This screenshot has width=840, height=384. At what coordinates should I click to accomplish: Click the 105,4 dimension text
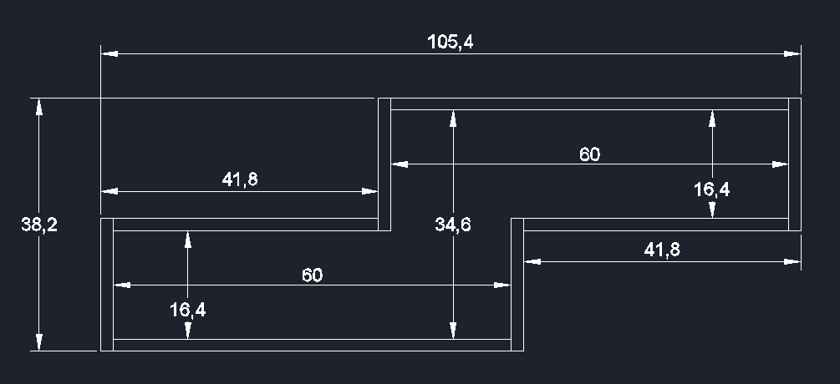tap(450, 42)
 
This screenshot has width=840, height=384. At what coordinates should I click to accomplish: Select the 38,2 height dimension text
tap(38, 225)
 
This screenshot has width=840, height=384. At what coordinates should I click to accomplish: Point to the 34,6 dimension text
tap(453, 225)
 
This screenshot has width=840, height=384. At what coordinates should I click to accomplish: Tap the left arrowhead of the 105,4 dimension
tap(109, 54)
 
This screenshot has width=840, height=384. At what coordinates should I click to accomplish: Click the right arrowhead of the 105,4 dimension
tap(792, 54)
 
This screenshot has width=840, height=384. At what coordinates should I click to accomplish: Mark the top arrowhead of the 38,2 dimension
tap(38, 107)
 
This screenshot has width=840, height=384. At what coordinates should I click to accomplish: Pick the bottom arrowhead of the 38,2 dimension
tap(38, 342)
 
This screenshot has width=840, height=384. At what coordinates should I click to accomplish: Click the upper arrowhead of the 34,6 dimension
tap(453, 118)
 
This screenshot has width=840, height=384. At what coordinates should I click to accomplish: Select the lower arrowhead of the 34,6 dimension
tap(453, 331)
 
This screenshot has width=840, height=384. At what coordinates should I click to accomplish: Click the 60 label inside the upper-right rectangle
tap(589, 154)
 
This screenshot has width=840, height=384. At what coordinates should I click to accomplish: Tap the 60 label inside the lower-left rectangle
tap(312, 275)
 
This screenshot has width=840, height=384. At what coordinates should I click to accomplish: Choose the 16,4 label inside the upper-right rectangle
tap(711, 189)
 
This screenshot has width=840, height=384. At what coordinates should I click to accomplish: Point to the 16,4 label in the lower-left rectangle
tap(187, 311)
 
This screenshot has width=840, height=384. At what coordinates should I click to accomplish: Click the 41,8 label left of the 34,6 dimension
tap(240, 179)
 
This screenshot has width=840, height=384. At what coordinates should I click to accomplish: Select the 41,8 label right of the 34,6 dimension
tap(661, 250)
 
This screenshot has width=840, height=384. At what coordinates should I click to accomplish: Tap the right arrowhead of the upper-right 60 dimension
tap(781, 164)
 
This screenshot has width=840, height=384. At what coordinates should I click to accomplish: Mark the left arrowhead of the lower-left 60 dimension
tap(122, 285)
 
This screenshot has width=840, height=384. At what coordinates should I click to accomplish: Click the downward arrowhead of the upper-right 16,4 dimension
tap(711, 210)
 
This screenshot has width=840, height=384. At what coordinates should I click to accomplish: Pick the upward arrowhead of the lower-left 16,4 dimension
tap(187, 240)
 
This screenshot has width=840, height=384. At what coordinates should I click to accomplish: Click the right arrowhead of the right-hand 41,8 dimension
tap(792, 261)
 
